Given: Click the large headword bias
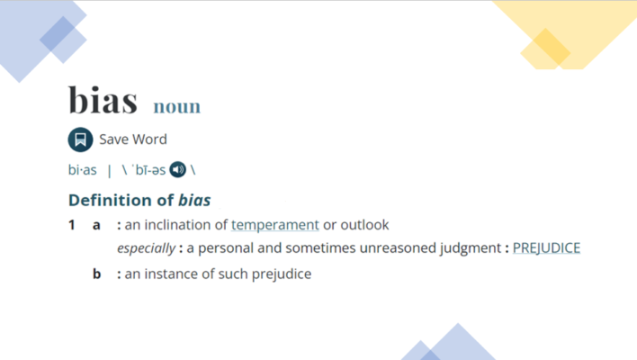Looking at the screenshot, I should [x=103, y=101].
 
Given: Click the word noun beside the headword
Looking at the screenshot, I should [x=176, y=107].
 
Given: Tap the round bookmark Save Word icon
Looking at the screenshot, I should [x=80, y=139].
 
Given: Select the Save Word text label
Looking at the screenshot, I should [x=133, y=139].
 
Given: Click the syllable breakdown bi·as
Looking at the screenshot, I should [x=83, y=170].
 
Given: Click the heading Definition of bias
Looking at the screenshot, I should [x=139, y=199].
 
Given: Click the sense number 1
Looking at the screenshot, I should [x=72, y=225].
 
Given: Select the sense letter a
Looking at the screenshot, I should [x=96, y=225].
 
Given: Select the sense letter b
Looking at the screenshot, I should [x=96, y=274].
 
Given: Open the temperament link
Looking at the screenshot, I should [x=275, y=225].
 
